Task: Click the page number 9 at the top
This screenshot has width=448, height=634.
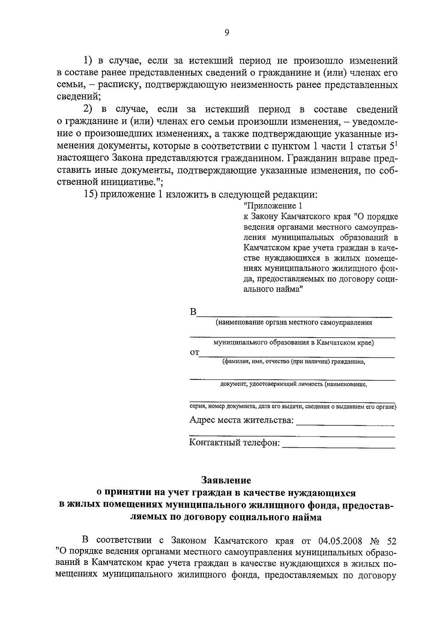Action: (227, 33)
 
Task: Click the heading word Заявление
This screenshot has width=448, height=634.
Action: (226, 479)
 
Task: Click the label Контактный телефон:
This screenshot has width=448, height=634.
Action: (234, 443)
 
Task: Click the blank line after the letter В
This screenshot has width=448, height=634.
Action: (295, 316)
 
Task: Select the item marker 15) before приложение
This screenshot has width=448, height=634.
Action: (90, 195)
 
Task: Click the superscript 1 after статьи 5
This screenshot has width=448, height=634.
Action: (396, 143)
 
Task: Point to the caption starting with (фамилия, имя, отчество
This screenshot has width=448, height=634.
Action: (293, 362)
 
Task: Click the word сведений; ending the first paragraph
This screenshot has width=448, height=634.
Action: (78, 97)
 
